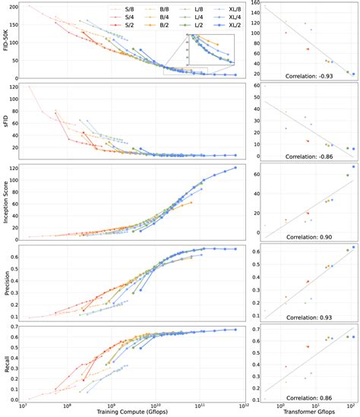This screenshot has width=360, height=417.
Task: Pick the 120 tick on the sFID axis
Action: point(17,87)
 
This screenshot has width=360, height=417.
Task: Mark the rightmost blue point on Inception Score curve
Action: point(235,168)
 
